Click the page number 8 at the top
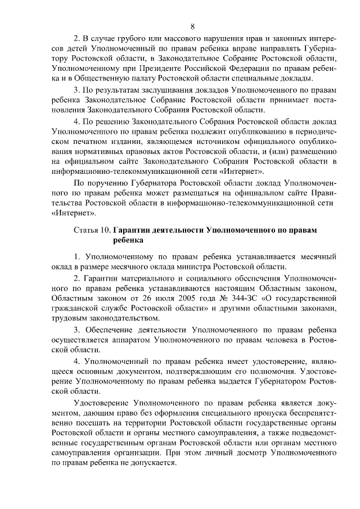tap(192, 26)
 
